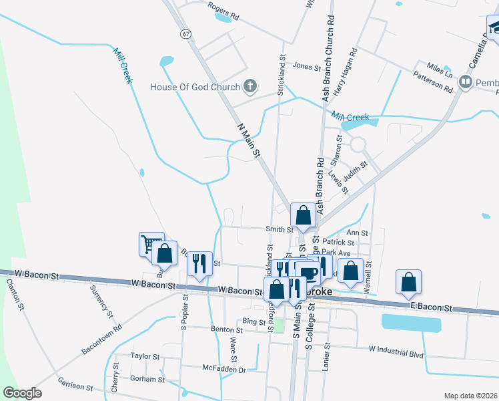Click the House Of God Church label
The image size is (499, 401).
[x=194, y=87]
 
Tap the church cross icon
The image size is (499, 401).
[x=250, y=86]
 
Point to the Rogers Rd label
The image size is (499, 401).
[x=223, y=9]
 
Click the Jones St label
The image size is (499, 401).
[x=307, y=66]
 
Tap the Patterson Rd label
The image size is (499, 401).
[x=433, y=82]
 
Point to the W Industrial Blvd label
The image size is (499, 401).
[x=396, y=349]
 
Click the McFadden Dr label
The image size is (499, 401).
[x=224, y=368]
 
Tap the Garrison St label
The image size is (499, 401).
[x=75, y=386]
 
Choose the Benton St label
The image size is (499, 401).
[x=227, y=329]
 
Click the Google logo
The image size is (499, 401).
[x=23, y=392]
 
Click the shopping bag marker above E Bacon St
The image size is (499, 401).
[x=408, y=282]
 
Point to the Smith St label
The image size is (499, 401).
[x=280, y=229]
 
